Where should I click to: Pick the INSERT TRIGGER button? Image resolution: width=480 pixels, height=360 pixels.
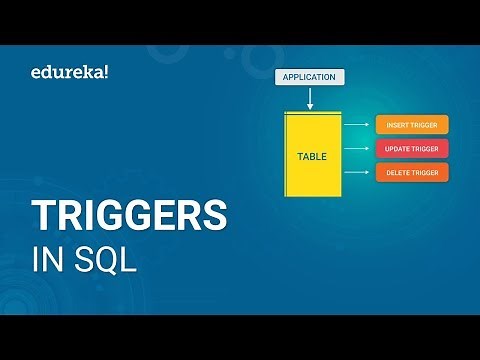pos(412,125)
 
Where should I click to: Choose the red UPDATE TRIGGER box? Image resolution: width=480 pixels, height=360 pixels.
pos(412,149)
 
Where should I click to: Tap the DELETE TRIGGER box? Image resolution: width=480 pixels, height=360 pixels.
pos(412,173)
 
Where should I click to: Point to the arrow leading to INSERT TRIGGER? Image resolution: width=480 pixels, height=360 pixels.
pos(356,125)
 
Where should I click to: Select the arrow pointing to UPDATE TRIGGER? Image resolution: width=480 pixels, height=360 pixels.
pos(356,149)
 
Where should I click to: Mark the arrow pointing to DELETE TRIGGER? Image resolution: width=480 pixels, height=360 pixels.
pos(356,173)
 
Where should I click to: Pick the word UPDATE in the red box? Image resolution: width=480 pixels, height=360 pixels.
pos(395,149)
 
